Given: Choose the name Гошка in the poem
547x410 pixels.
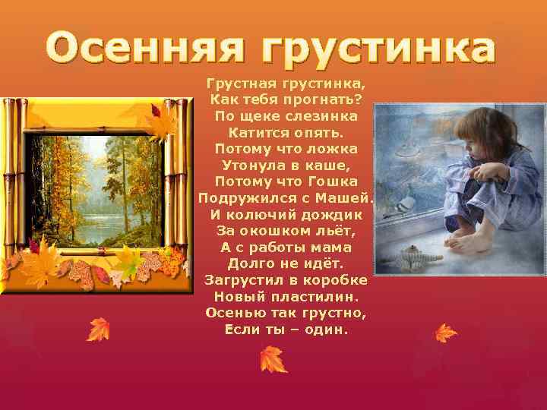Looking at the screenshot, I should pos(330,181).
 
